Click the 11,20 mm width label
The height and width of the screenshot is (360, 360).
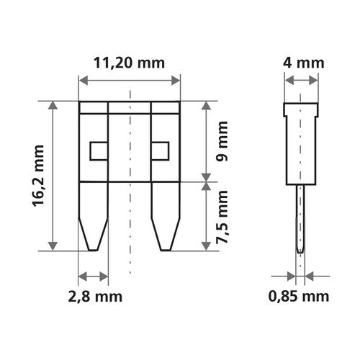click(x=130, y=63)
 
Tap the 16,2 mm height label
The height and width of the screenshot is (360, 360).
click(x=38, y=176)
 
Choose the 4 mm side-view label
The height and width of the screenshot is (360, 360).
click(x=302, y=63)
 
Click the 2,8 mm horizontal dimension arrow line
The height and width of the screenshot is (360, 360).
click(x=93, y=276)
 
